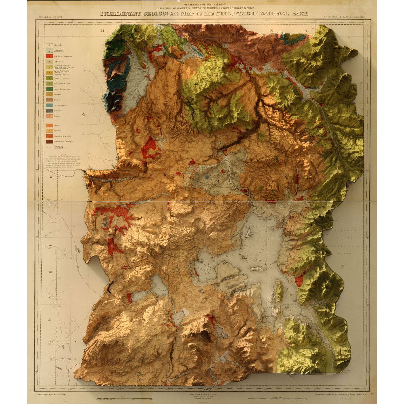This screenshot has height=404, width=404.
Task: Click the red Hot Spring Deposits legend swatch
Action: coord(49,56)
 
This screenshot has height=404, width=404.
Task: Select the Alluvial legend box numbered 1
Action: coord(49,44)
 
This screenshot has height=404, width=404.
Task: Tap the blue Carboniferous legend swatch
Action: coord(49,105)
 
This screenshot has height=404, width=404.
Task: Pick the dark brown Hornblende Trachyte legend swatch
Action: coord(49,141)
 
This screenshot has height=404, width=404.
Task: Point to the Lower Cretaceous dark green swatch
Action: coord(49,89)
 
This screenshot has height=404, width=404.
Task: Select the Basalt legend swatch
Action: coord(49,125)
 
